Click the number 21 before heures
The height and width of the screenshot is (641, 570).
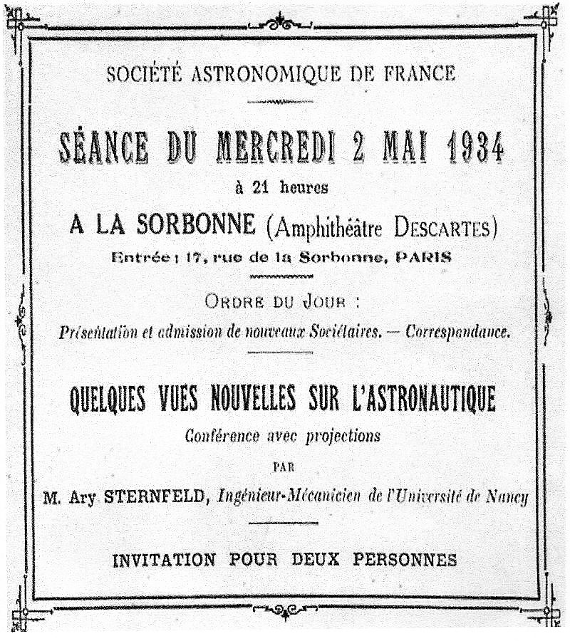258,188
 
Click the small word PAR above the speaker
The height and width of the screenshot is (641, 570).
284,467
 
